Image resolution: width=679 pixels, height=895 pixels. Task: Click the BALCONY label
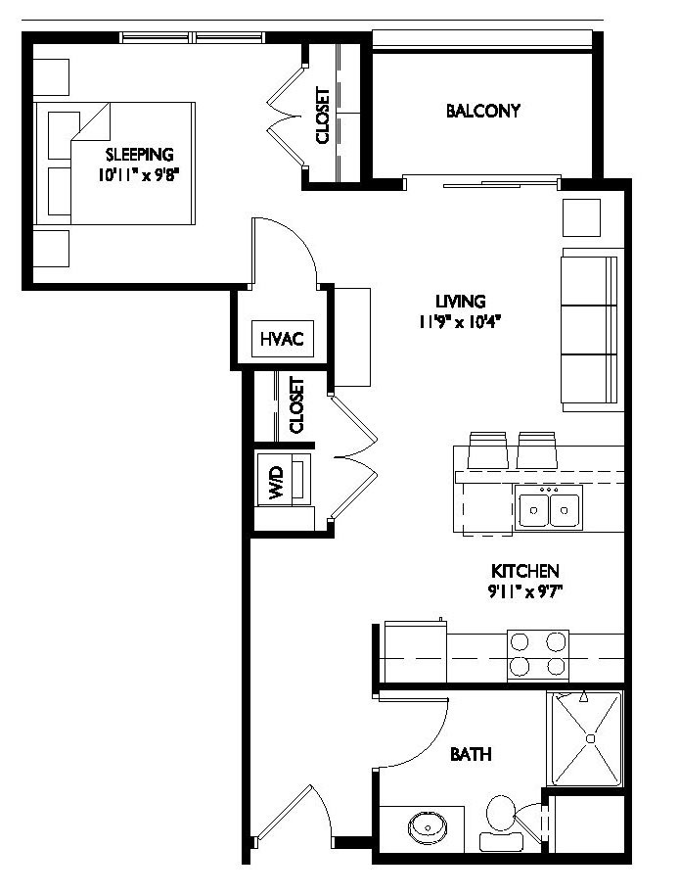pos(482,111)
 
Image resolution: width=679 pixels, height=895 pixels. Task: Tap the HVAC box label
pos(283,340)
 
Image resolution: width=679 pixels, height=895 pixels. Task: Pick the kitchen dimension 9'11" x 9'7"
pos(524,590)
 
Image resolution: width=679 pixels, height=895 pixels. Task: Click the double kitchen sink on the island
pos(548,509)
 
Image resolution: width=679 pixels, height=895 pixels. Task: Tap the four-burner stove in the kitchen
pos(537,654)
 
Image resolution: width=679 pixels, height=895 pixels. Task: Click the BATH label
pos(471,755)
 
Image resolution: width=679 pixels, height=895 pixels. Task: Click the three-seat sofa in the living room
pos(589,330)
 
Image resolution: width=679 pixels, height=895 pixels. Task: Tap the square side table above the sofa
pos(581,217)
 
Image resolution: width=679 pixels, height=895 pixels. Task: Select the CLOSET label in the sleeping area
pos(323,116)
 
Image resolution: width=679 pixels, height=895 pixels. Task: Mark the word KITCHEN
pos(524,571)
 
